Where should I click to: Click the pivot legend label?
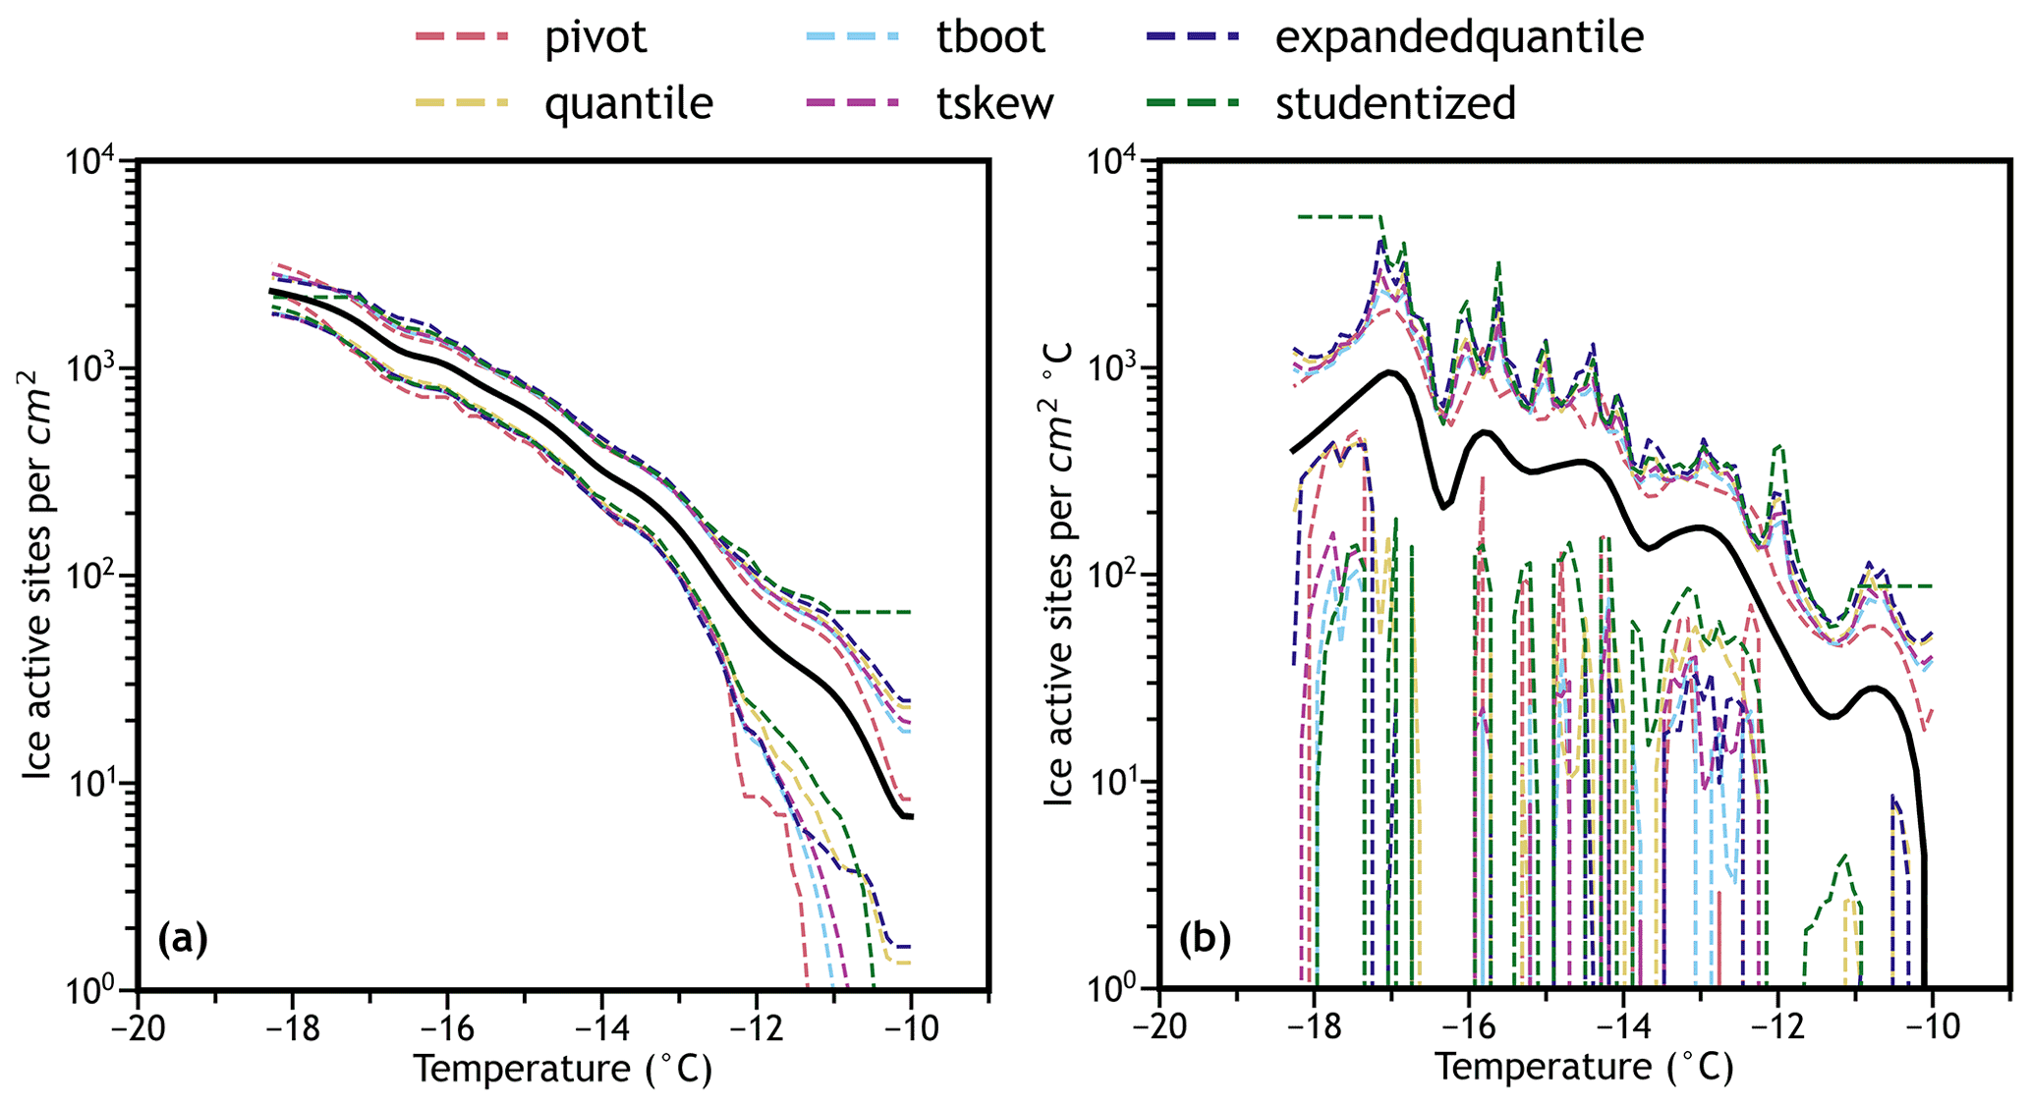click(x=596, y=37)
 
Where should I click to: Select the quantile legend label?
click(x=629, y=103)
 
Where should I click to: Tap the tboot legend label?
click(x=990, y=37)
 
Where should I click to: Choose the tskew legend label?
click(x=994, y=103)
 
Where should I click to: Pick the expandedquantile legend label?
click(x=1459, y=37)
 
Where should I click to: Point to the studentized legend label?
click(x=1395, y=103)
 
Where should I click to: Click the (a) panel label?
click(x=183, y=939)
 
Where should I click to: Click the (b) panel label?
click(x=1205, y=939)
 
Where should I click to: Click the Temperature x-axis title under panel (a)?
click(x=562, y=1069)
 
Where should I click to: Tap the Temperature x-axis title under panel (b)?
click(x=1584, y=1069)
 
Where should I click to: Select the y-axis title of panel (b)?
click(x=1059, y=575)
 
